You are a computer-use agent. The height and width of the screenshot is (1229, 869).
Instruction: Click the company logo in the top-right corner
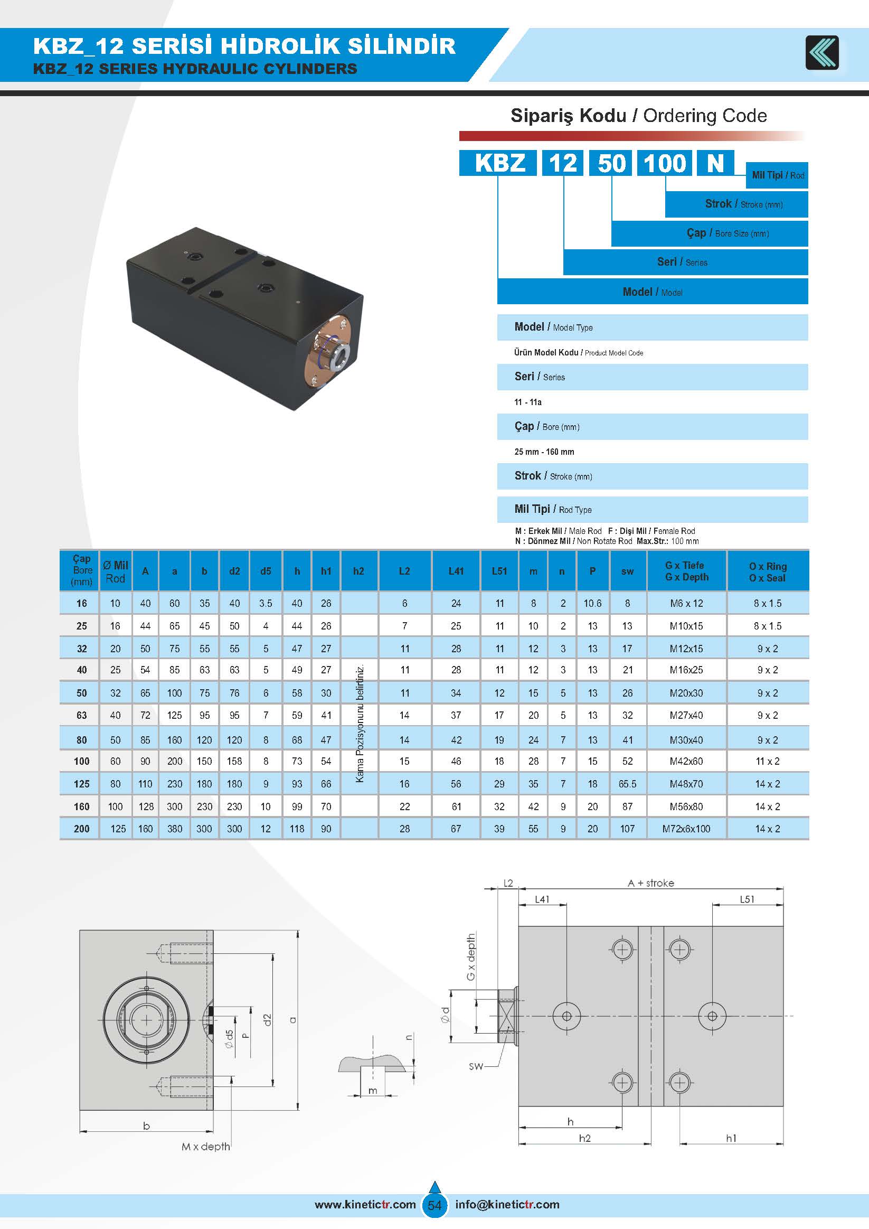(x=822, y=52)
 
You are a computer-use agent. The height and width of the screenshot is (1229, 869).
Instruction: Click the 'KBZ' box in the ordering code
(x=498, y=163)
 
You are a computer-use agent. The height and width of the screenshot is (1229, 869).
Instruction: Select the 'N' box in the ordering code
(x=715, y=163)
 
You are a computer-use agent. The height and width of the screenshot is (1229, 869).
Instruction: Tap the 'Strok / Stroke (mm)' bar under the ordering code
(x=736, y=204)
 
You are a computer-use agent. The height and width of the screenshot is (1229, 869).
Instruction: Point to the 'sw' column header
(x=627, y=571)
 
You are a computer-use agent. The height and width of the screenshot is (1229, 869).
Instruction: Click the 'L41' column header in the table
(x=456, y=571)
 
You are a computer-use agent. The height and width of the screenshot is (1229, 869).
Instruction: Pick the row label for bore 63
(x=81, y=715)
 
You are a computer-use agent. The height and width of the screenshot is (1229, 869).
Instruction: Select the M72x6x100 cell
(x=686, y=829)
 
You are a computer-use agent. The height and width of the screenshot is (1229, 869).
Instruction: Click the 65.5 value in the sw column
(x=627, y=784)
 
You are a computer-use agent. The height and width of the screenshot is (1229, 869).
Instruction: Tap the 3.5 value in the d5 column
(x=266, y=603)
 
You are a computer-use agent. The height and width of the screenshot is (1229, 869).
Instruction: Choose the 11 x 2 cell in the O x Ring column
(x=767, y=761)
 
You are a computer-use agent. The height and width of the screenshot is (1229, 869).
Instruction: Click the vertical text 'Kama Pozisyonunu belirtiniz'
(x=360, y=723)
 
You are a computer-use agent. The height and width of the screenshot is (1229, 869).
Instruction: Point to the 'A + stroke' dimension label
(x=650, y=883)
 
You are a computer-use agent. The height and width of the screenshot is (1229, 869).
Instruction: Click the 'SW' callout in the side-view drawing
(x=476, y=1066)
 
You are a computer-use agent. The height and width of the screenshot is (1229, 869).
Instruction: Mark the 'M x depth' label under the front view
(x=205, y=1147)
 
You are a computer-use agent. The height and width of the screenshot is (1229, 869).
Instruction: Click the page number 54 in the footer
(x=435, y=1205)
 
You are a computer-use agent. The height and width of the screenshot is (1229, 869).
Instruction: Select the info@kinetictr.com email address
(x=507, y=1204)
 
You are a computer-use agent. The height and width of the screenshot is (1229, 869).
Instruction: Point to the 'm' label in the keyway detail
(x=373, y=1091)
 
